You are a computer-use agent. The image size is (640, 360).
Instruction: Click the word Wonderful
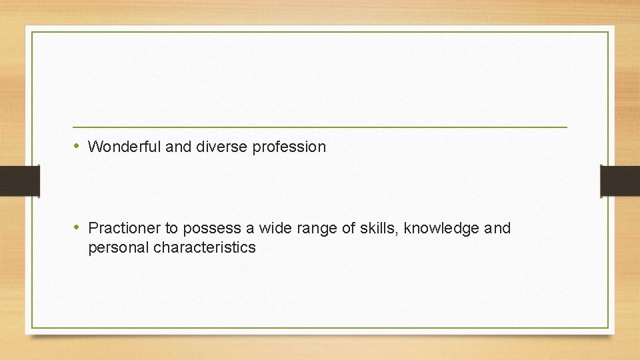pos(124,147)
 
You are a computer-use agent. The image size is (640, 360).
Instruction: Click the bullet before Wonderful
pos(77,146)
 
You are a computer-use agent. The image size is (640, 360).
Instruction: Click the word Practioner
pos(125,229)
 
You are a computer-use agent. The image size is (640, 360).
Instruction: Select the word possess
pos(213,229)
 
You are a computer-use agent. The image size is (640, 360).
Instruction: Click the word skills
pos(379,229)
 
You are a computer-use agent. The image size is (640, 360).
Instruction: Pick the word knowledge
pos(441,229)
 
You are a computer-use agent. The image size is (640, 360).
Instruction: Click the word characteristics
pos(205,248)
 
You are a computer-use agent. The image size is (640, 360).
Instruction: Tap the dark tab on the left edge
pos(19,181)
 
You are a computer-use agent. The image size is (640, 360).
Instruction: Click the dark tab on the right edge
pos(620,181)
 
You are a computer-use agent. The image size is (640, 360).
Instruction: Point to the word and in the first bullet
pos(178,147)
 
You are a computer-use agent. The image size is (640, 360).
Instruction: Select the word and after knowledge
pos(497,229)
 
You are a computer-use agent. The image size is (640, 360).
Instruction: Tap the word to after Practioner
pos(171,229)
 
